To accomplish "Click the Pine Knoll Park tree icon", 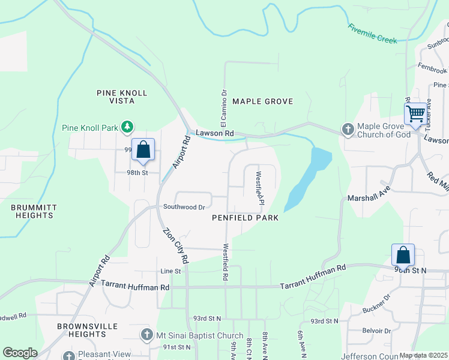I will click(127, 127).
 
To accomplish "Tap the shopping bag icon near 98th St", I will click(143, 150).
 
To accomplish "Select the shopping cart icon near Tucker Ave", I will click(415, 114).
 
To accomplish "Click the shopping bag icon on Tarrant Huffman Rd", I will click(403, 256).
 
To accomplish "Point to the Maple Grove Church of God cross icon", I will click(348, 130).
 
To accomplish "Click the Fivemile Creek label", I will click(372, 34).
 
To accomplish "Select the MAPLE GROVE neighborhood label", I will click(262, 101).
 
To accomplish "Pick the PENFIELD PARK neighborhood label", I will click(245, 218).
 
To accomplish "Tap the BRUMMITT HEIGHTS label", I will click(33, 211).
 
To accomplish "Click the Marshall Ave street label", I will click(369, 197).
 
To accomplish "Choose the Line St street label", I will click(170, 272).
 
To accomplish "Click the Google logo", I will click(20, 353).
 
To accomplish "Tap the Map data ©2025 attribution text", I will click(423, 355).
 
